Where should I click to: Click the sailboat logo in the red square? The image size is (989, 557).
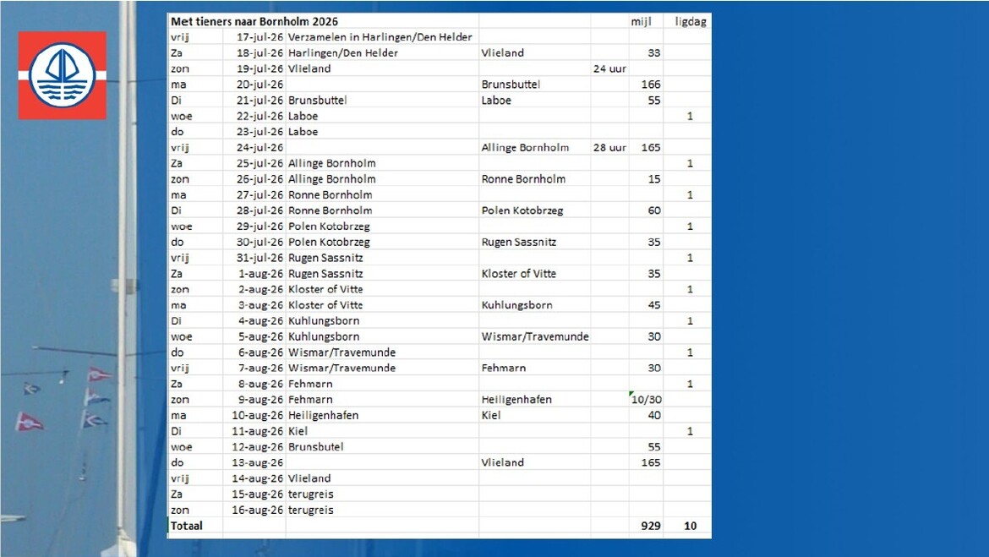(63, 75)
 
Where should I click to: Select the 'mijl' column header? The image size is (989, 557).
(642, 21)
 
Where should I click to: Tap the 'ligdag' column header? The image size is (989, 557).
(690, 21)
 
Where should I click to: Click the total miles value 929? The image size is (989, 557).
(650, 526)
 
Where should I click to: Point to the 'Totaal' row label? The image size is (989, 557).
(187, 526)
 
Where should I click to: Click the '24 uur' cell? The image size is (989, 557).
(609, 68)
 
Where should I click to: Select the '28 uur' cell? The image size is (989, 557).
(609, 148)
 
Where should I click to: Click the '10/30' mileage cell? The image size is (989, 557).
(647, 400)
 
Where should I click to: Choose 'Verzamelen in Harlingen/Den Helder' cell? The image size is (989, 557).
(380, 37)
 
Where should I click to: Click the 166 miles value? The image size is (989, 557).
(651, 85)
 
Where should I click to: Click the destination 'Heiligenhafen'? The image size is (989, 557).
(516, 400)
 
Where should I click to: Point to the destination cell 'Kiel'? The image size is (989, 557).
(491, 416)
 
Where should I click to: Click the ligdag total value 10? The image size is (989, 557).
(691, 526)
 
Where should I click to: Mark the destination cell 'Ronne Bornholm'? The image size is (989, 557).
(523, 179)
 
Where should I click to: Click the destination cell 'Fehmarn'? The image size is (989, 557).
(504, 369)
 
